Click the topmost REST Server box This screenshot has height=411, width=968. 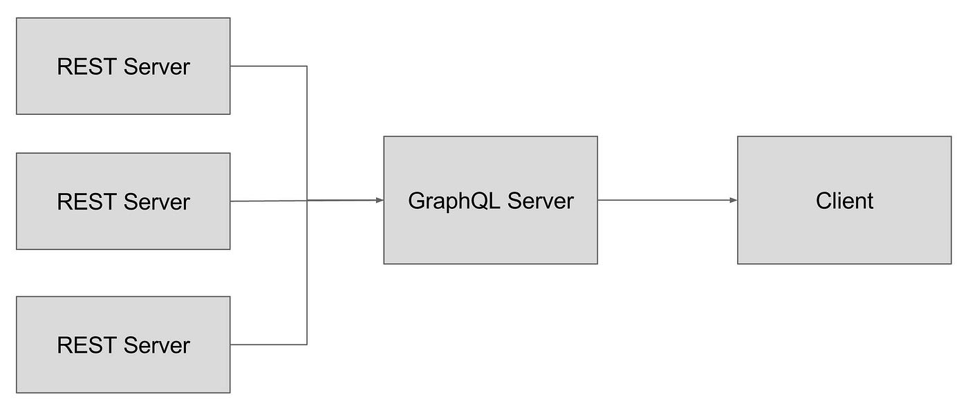click(123, 66)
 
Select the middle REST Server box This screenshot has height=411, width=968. click(123, 201)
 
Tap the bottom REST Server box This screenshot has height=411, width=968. click(123, 345)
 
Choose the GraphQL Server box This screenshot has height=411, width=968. click(490, 201)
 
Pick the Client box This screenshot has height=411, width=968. click(844, 201)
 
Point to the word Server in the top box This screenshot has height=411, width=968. click(157, 67)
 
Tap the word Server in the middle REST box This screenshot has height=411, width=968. click(157, 202)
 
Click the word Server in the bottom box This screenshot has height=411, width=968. click(157, 345)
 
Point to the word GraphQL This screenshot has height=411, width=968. click(454, 201)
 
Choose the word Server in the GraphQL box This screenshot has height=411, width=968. click(541, 201)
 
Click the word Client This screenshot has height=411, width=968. click(844, 201)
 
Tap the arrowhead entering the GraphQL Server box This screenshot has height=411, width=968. click(380, 201)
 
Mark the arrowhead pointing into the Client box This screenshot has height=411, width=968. click(734, 201)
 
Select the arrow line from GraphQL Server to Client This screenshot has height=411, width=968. click(664, 201)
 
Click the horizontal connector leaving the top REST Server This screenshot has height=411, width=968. click(268, 66)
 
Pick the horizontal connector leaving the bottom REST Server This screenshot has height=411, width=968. click(268, 344)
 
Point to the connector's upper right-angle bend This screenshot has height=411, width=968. click(306, 66)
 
